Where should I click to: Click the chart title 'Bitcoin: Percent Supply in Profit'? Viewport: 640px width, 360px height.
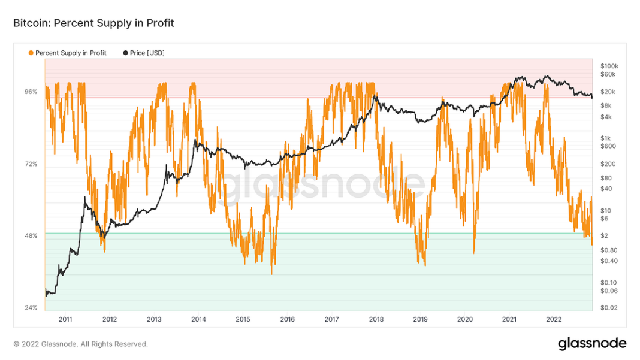tap(93, 23)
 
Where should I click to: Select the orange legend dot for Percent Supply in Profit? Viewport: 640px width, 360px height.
tap(31, 53)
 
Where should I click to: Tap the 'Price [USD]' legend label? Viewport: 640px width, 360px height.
tap(147, 53)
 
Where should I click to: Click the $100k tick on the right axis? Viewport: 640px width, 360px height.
tap(609, 65)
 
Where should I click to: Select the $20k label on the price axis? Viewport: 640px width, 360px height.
tap(607, 92)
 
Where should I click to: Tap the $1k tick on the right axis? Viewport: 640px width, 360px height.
tap(605, 138)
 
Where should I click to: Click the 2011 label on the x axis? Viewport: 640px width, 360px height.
tap(65, 319)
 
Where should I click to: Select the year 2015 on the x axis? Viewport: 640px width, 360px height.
tap(243, 319)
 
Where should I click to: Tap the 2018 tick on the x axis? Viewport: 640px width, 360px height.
tap(376, 319)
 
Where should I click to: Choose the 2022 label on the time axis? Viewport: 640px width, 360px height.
tap(554, 319)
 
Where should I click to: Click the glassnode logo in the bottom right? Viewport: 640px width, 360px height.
tap(592, 344)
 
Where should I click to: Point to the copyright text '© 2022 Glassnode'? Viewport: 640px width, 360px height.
tap(80, 344)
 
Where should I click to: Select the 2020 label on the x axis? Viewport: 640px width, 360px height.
tap(465, 319)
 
